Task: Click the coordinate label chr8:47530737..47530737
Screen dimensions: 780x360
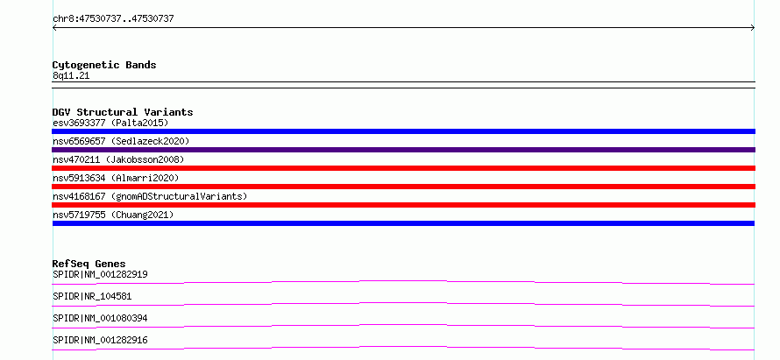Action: pos(113,19)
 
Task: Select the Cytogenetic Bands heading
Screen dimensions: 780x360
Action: pos(104,65)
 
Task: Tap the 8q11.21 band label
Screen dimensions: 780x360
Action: pos(71,76)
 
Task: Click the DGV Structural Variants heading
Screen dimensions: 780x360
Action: pos(123,112)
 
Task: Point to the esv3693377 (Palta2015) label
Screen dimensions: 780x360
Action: pos(110,123)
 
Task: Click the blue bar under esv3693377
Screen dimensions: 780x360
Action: pos(403,131)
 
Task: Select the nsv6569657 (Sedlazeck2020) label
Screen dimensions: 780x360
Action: pos(121,141)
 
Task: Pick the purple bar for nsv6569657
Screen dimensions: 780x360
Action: pos(403,150)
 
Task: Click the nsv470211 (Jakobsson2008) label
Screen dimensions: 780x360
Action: pos(118,159)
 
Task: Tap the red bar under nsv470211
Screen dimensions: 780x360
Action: pos(403,168)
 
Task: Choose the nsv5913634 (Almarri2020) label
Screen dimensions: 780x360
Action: pos(116,178)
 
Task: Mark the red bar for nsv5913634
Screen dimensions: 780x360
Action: pos(403,187)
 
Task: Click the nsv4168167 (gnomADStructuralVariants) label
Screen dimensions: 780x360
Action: pos(150,196)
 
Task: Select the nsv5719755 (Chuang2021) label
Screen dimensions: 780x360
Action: pos(113,215)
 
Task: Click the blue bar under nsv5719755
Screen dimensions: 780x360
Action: pos(403,223)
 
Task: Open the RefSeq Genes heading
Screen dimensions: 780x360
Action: pos(89,264)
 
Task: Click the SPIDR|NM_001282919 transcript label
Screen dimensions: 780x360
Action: pos(100,274)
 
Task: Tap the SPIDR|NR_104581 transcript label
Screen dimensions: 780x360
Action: pos(92,296)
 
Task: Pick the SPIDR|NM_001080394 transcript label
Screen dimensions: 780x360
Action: pos(100,318)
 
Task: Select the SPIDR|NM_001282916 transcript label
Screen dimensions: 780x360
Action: pos(100,340)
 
